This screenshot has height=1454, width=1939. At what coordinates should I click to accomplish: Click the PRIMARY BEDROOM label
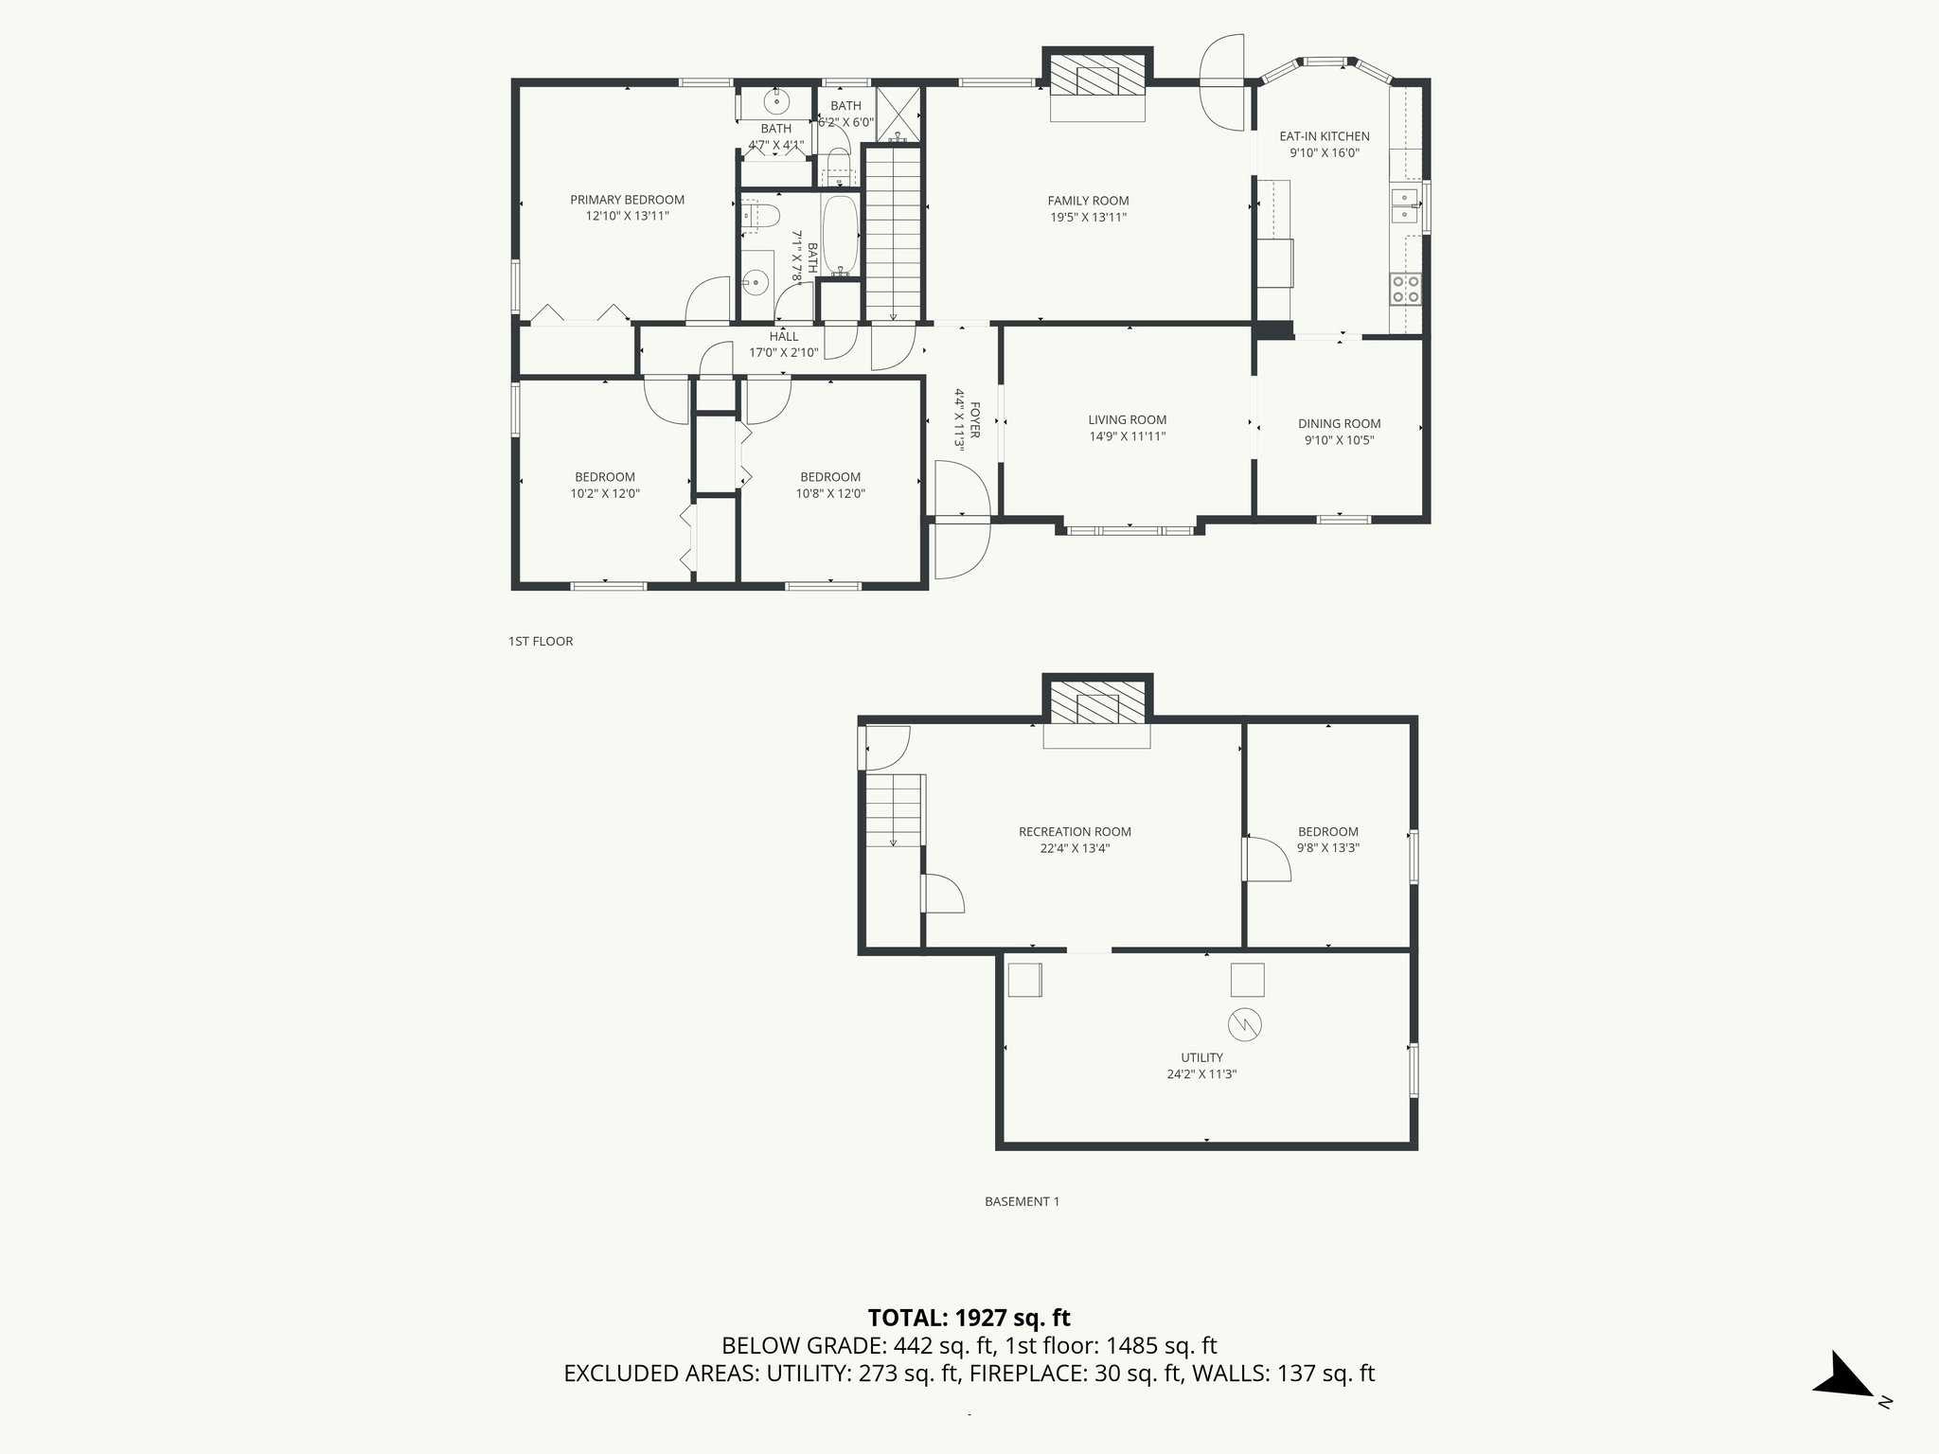pyautogui.click(x=627, y=200)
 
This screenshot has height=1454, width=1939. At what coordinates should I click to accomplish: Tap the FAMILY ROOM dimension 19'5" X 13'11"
pyautogui.click(x=1088, y=217)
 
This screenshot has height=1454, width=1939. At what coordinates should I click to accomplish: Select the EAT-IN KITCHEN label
pyautogui.click(x=1324, y=136)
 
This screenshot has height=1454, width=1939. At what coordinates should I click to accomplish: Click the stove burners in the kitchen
pyautogui.click(x=1405, y=289)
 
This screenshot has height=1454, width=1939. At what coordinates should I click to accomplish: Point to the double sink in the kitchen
pyautogui.click(x=1404, y=207)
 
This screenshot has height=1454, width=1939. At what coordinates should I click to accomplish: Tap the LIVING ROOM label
pyautogui.click(x=1127, y=419)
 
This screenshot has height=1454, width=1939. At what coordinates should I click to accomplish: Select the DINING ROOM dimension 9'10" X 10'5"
pyautogui.click(x=1339, y=440)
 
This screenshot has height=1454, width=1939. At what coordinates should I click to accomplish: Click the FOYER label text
pyautogui.click(x=975, y=420)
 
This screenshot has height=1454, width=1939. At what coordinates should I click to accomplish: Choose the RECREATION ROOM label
pyautogui.click(x=1075, y=832)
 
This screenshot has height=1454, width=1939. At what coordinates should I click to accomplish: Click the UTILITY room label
pyautogui.click(x=1201, y=1057)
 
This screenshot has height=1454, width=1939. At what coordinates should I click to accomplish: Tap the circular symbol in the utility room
pyautogui.click(x=1245, y=1024)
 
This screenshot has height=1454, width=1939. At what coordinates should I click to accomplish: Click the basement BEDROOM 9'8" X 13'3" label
pyautogui.click(x=1327, y=840)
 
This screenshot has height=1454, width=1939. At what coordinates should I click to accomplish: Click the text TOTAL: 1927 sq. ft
pyautogui.click(x=969, y=1318)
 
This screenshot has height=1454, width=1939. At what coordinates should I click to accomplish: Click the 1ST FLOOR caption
pyautogui.click(x=541, y=641)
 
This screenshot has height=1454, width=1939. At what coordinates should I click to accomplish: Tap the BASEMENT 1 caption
pyautogui.click(x=1022, y=1201)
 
